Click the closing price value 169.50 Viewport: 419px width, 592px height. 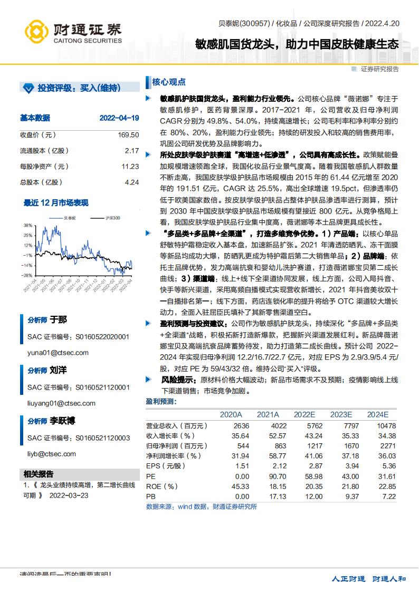click(128, 135)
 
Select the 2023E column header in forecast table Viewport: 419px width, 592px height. click(341, 415)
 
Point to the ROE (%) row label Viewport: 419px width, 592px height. click(161, 486)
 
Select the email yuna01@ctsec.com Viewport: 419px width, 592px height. click(58, 353)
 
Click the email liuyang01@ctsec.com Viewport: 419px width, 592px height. click(61, 403)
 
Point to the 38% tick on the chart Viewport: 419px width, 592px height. click(27, 225)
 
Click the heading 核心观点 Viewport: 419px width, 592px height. click(169, 82)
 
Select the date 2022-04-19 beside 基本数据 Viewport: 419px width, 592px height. click(119, 118)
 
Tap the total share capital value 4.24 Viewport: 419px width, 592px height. click(131, 182)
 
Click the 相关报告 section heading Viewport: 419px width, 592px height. click(39, 474)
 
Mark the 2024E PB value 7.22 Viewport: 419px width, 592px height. click(388, 497)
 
